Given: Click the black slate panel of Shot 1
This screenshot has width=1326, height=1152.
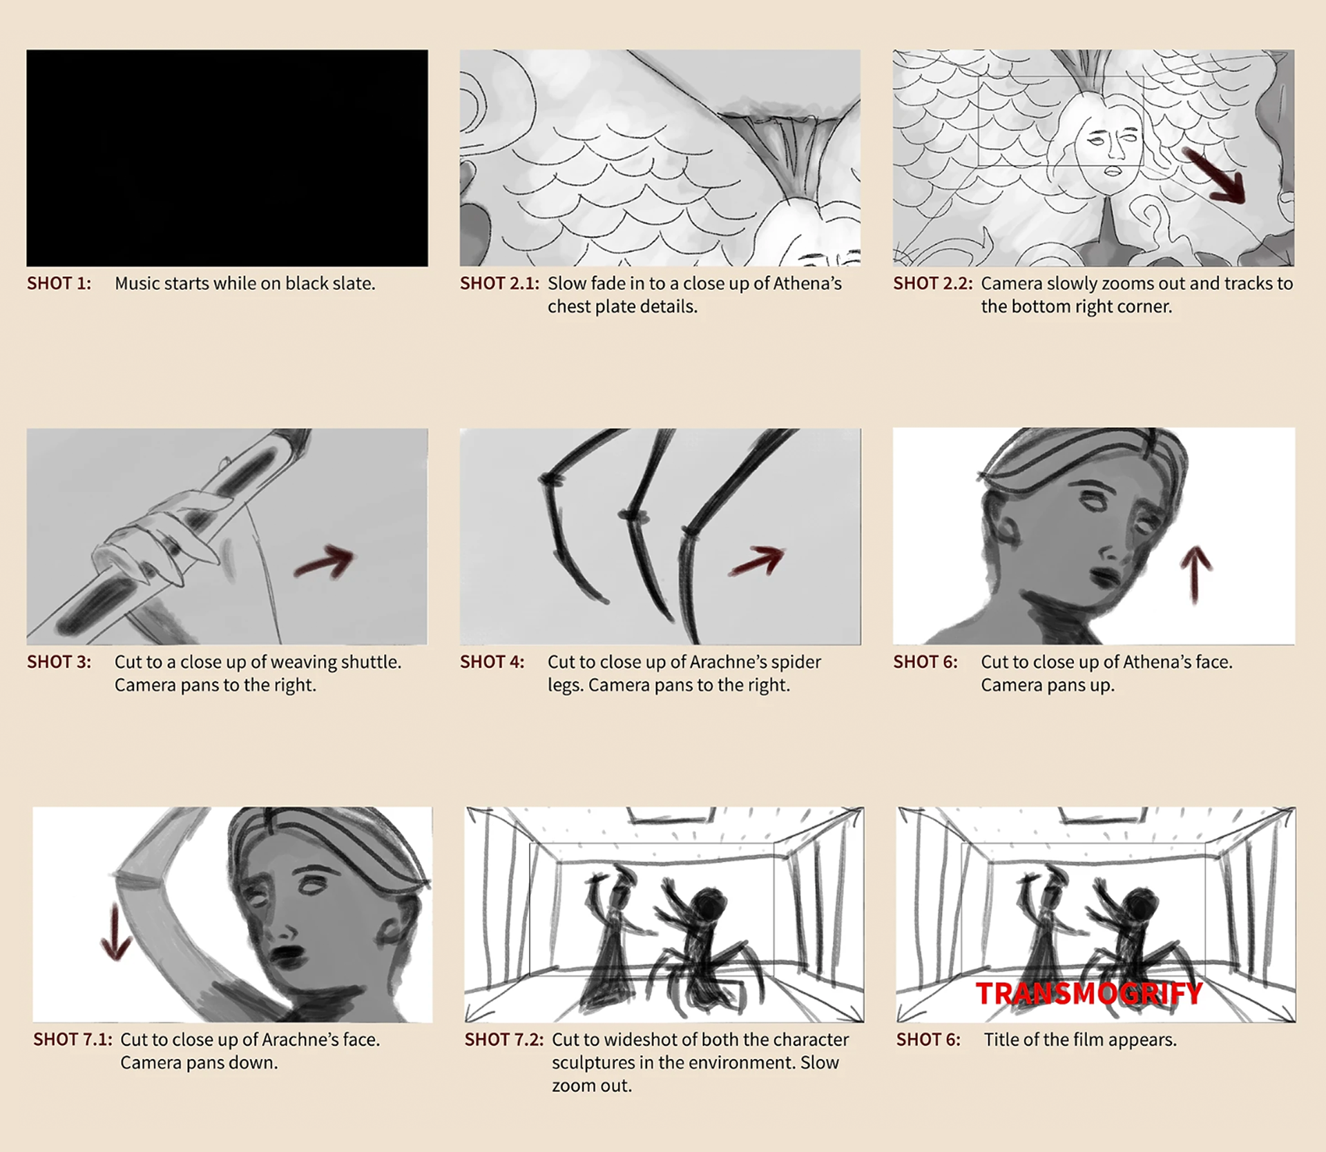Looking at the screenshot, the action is (x=227, y=157).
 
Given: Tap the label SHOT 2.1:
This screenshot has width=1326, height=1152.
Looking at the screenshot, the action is (x=499, y=284).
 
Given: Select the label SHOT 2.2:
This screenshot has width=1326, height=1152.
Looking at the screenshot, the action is (x=933, y=284).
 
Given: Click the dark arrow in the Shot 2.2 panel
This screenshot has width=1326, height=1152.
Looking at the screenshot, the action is (x=1214, y=175).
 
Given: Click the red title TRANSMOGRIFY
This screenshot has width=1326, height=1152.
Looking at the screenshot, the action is (x=1089, y=994).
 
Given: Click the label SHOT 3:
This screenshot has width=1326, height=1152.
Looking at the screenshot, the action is (x=59, y=662).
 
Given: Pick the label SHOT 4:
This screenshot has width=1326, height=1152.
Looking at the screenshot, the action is (x=492, y=662).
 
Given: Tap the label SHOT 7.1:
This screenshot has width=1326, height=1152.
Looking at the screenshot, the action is (x=73, y=1039).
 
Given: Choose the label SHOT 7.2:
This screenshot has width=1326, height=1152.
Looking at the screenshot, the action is (x=504, y=1039).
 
